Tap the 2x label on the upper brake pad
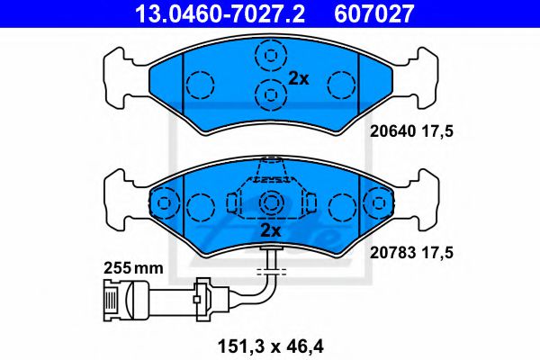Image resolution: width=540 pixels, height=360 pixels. [x=298, y=79]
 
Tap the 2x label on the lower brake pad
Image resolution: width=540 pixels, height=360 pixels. [x=271, y=230]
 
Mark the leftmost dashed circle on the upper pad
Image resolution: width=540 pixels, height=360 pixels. [x=199, y=85]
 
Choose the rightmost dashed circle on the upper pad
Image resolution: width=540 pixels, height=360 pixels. [x=341, y=85]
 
